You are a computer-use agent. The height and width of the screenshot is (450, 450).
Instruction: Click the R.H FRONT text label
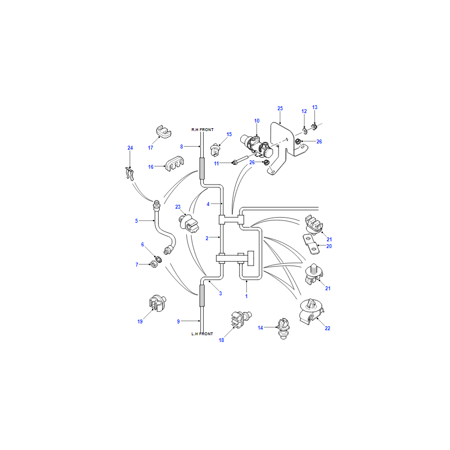click(x=202, y=130)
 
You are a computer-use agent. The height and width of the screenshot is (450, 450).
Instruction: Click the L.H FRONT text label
click(x=202, y=334)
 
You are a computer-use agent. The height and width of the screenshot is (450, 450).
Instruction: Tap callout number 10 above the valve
click(x=257, y=121)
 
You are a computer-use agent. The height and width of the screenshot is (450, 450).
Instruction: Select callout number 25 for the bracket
click(x=280, y=108)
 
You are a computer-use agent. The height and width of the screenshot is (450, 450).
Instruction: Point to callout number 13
click(x=315, y=107)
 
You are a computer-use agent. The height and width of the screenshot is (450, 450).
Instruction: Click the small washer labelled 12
click(x=305, y=132)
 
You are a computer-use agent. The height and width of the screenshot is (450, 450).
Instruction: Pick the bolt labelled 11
click(x=241, y=161)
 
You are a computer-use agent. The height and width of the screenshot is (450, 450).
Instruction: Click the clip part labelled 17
click(x=164, y=132)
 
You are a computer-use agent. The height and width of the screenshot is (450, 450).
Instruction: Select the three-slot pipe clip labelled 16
click(x=174, y=164)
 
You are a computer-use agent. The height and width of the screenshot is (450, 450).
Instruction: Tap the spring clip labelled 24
click(x=130, y=173)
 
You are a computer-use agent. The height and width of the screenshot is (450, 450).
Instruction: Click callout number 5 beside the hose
click(x=136, y=220)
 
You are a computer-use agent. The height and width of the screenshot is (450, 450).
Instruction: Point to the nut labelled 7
click(x=154, y=264)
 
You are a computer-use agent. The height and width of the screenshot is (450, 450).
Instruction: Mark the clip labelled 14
click(x=283, y=328)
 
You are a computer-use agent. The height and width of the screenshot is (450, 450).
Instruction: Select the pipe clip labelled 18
click(x=241, y=319)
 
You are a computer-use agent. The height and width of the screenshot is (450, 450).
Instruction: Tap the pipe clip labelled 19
click(x=157, y=303)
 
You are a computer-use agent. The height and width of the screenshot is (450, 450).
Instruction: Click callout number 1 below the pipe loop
click(x=246, y=296)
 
